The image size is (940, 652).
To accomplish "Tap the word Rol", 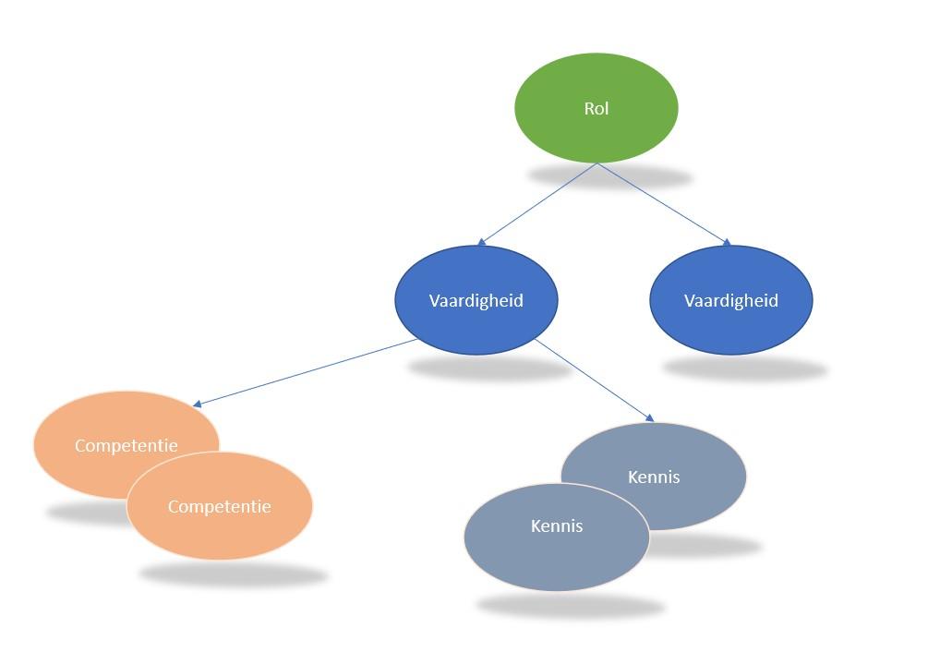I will (597, 108).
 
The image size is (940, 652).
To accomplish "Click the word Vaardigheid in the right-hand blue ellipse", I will (731, 300).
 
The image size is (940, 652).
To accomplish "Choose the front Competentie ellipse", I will (220, 531).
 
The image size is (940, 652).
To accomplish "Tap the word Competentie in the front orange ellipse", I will (220, 506).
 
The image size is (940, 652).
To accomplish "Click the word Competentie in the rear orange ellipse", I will (126, 445).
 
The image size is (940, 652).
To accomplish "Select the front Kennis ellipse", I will (557, 554).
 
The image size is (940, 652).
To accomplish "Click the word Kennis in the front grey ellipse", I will (557, 525).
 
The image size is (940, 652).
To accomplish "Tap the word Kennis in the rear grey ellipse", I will (654, 477).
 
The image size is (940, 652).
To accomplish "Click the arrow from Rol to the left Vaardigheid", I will (537, 204).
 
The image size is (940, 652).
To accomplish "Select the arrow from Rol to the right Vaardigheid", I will (663, 203).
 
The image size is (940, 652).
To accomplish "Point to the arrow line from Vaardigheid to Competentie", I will (305, 372).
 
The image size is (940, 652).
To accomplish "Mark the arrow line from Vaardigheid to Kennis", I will (591, 379).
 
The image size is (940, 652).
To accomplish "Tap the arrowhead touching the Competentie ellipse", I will (198, 404).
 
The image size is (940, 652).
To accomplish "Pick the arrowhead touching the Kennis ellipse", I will (649, 418).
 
